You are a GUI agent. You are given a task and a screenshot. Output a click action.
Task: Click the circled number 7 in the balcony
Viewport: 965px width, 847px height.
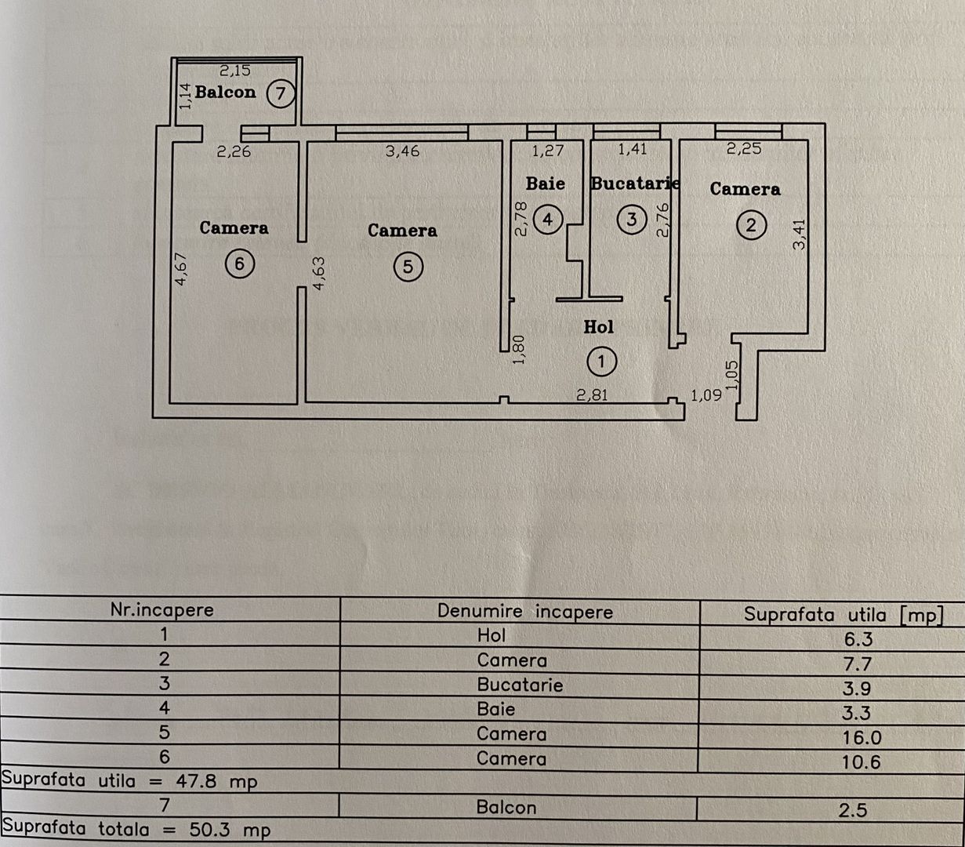pyautogui.click(x=280, y=94)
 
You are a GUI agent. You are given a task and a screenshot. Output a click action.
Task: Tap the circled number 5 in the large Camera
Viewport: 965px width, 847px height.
pyautogui.click(x=407, y=267)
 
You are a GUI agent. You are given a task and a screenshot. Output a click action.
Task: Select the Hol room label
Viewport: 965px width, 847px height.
pyautogui.click(x=598, y=327)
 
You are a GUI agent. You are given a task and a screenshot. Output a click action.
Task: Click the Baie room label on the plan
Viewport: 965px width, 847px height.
pyautogui.click(x=545, y=184)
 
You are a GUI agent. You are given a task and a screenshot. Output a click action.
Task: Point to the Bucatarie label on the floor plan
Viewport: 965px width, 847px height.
pyautogui.click(x=634, y=184)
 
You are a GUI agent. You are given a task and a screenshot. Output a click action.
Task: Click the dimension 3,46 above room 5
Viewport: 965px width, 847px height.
pyautogui.click(x=402, y=151)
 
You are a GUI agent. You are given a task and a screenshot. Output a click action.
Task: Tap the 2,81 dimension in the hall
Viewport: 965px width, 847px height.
pyautogui.click(x=593, y=395)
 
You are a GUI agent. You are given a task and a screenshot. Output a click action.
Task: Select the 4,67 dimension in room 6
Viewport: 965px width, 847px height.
pyautogui.click(x=181, y=267)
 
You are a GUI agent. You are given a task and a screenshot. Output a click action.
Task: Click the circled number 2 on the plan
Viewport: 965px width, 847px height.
pyautogui.click(x=751, y=226)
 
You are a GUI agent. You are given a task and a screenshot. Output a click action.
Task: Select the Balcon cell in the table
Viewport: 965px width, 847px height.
pyautogui.click(x=506, y=807)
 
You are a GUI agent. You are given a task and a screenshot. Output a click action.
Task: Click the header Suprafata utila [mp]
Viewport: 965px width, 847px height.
pyautogui.click(x=843, y=614)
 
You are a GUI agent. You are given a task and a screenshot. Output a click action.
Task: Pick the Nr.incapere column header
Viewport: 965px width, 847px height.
pyautogui.click(x=161, y=609)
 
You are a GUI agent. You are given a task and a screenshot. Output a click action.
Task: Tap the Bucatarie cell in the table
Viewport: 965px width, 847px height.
pyautogui.click(x=520, y=685)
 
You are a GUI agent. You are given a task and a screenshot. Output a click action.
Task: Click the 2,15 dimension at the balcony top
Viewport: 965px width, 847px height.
pyautogui.click(x=234, y=71)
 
